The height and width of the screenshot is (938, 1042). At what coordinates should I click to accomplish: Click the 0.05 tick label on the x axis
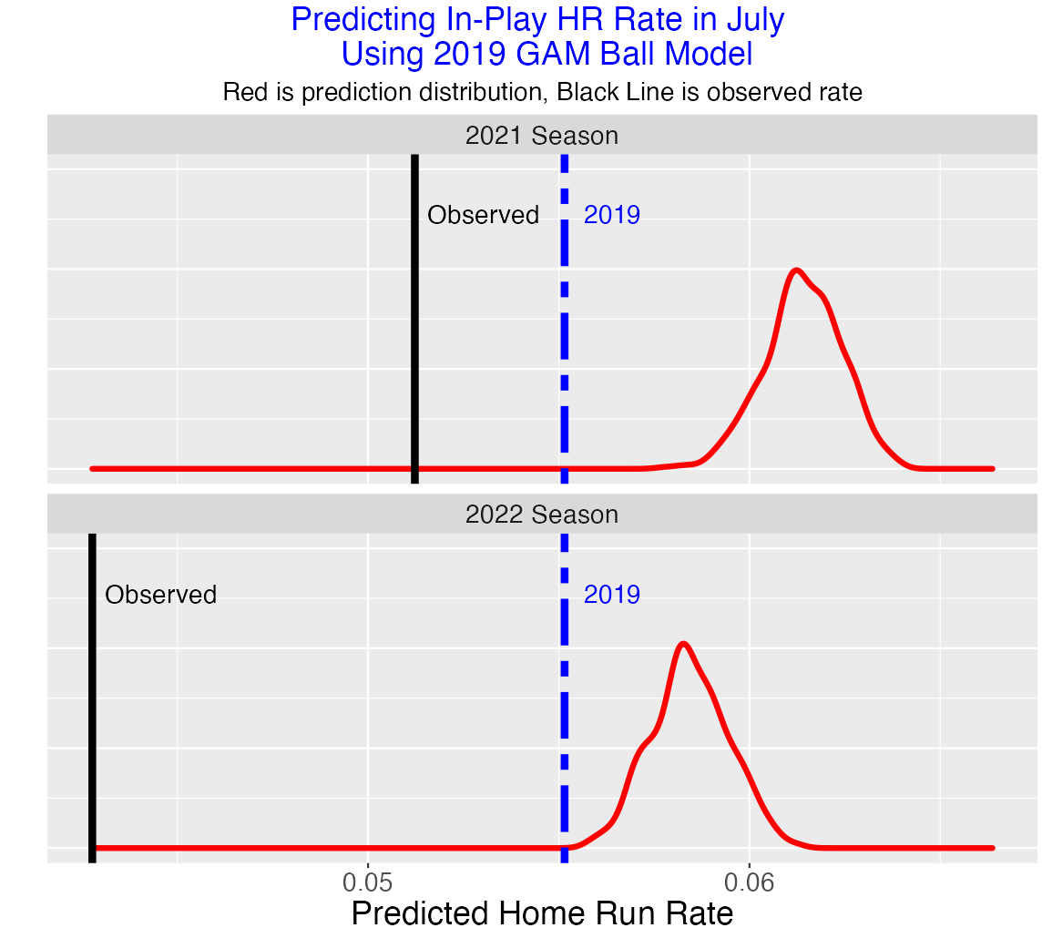[367, 882]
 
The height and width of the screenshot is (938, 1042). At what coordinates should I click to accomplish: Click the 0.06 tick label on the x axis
[749, 882]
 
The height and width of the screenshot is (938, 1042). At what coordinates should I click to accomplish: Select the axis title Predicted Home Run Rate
[542, 913]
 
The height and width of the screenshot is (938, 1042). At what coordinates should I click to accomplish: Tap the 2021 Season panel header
[542, 136]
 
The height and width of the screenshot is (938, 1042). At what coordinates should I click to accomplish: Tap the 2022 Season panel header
[542, 515]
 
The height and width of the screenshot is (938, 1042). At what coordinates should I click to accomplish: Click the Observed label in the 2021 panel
[483, 216]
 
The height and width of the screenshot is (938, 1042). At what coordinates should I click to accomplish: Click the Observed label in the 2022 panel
[160, 596]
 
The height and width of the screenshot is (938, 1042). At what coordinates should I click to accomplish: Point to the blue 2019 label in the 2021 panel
[611, 216]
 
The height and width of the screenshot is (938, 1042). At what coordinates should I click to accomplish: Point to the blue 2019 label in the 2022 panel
[611, 596]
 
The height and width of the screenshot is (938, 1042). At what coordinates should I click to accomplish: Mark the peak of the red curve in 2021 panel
[796, 270]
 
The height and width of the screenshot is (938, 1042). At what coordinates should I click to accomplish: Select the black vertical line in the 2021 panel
[414, 346]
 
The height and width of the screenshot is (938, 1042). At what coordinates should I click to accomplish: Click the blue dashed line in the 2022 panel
[564, 729]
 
